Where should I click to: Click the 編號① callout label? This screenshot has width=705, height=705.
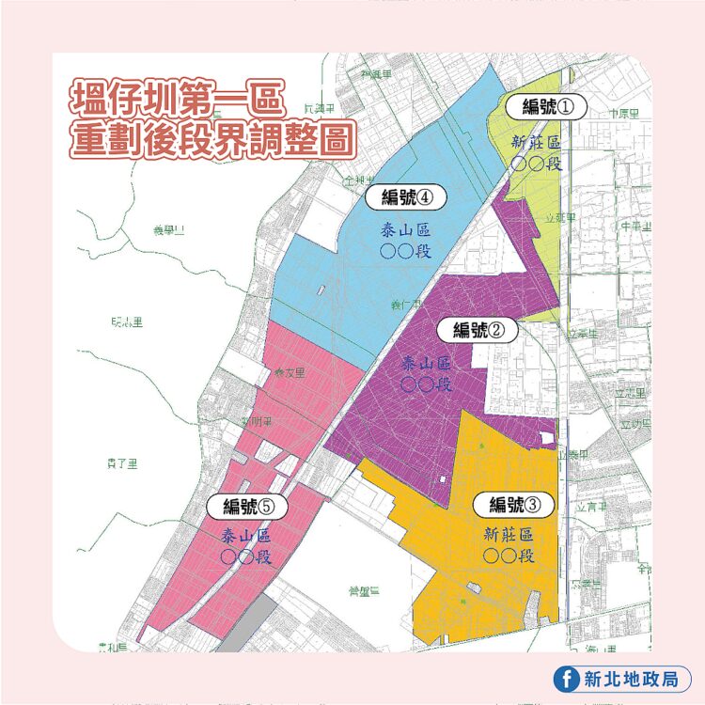(546, 106)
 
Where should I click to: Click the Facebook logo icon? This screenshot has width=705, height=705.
(567, 679)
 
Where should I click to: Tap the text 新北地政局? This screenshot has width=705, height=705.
(634, 679)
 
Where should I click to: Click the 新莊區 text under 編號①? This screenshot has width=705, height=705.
(535, 143)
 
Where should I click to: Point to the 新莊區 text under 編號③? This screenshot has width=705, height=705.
(509, 535)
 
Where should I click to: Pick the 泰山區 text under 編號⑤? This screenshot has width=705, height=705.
(246, 536)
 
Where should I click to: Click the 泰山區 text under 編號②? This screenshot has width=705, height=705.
(426, 364)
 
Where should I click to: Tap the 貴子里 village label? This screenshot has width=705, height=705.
(122, 462)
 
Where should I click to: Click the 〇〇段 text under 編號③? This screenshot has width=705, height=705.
(509, 556)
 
